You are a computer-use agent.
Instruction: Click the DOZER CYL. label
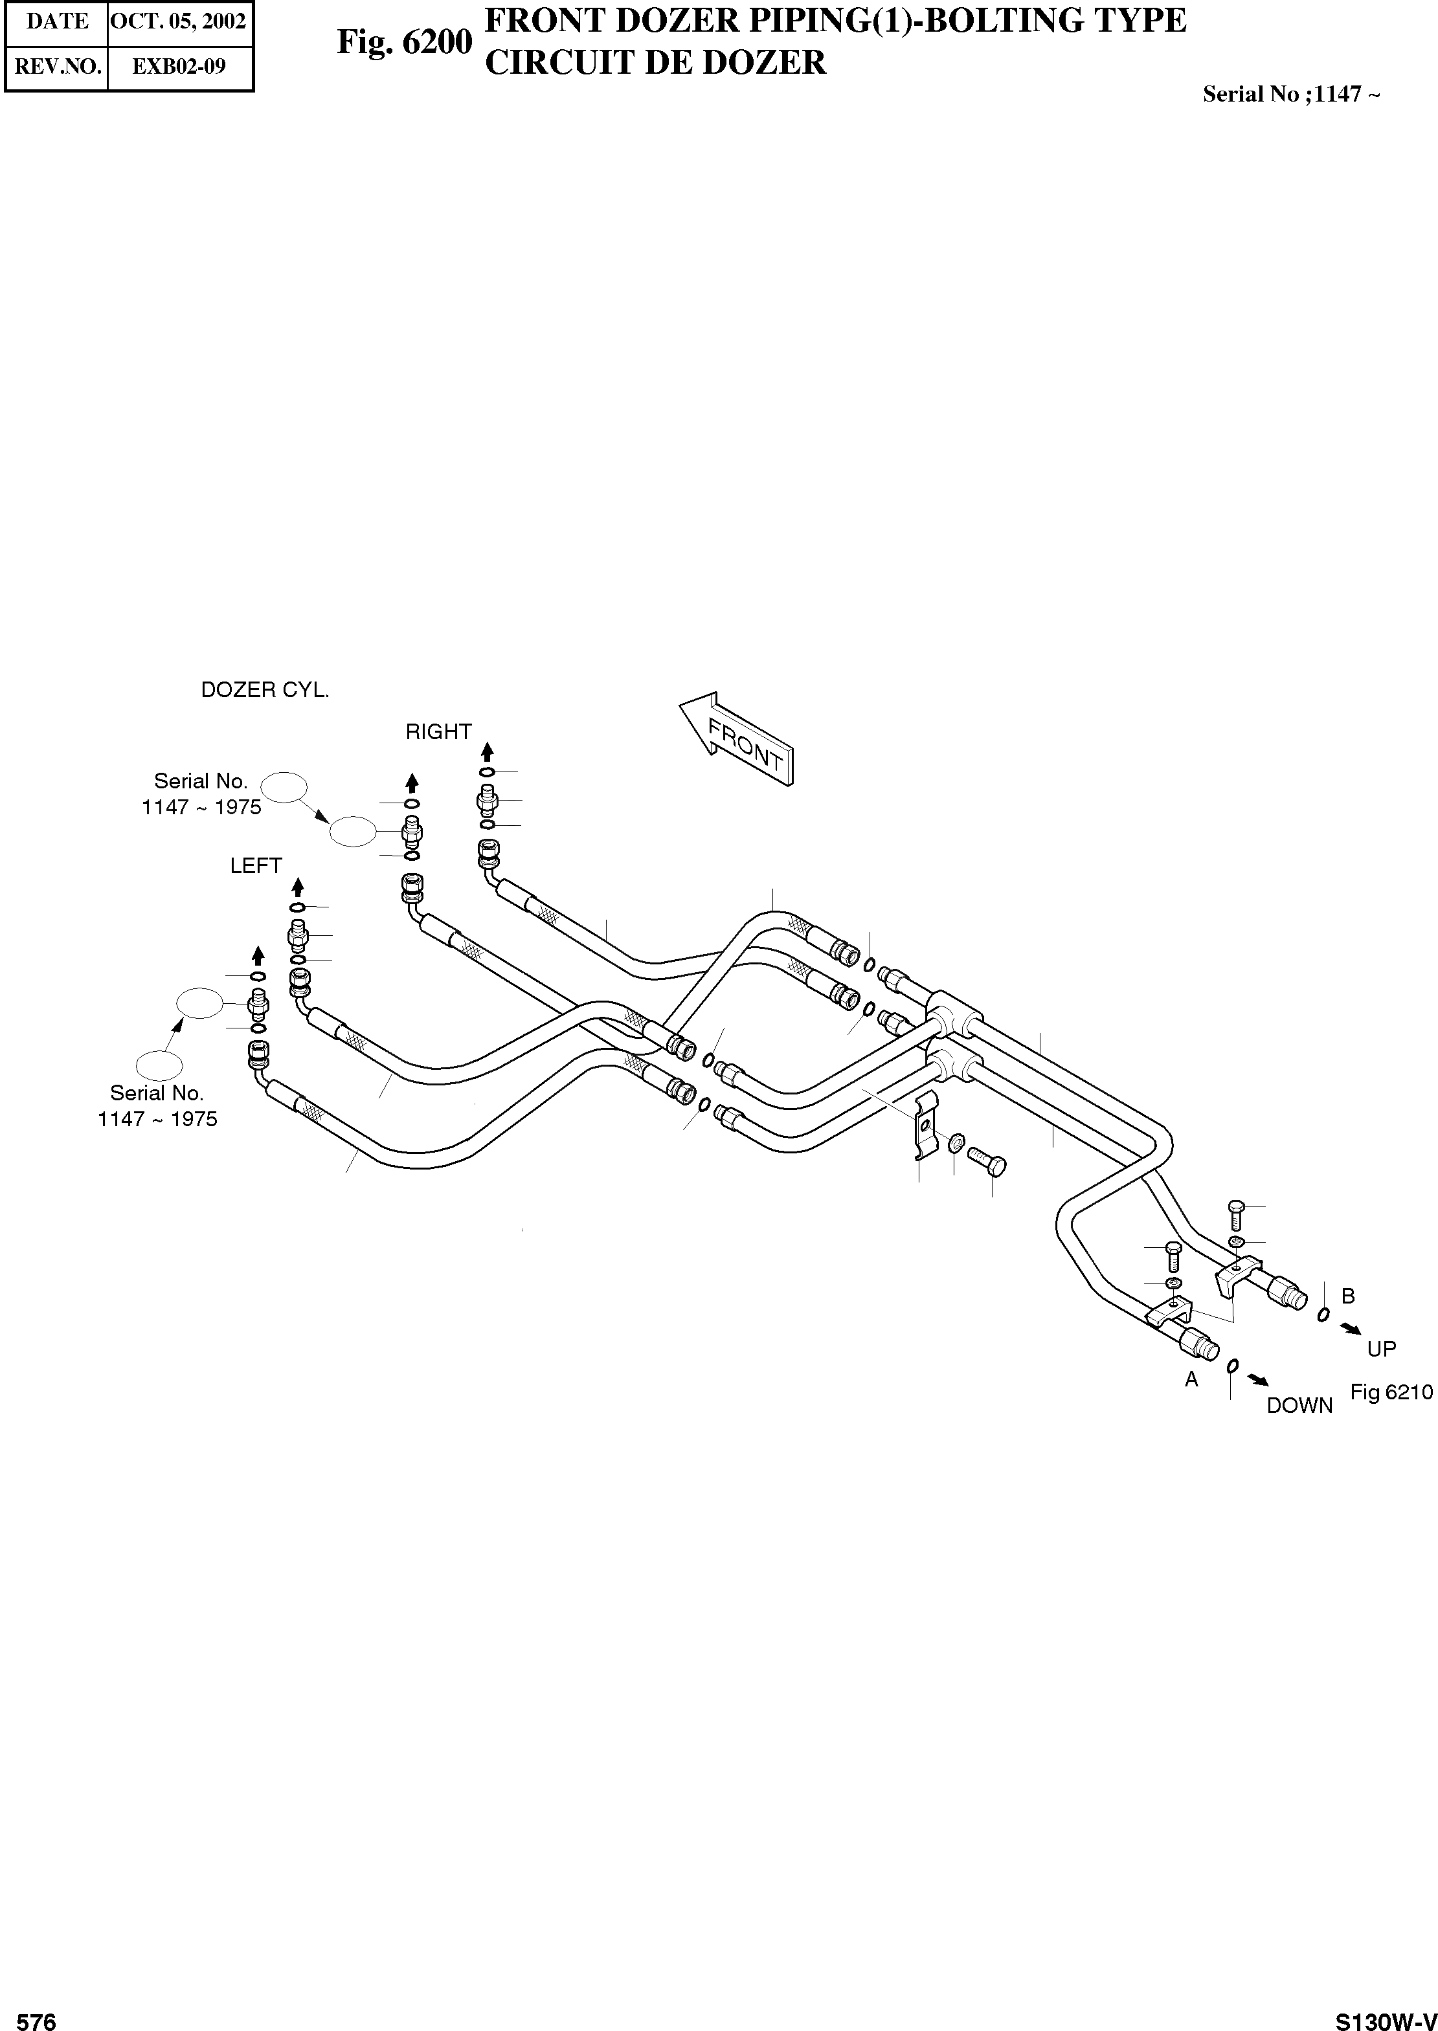265,691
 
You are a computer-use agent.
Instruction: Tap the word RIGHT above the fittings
438,732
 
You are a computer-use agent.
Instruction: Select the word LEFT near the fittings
256,865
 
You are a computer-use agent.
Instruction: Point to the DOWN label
1299,1405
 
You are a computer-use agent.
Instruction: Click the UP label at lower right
1381,1349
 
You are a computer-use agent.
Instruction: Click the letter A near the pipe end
1192,1379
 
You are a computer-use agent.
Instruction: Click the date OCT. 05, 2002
179,21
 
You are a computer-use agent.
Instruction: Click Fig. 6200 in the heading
405,41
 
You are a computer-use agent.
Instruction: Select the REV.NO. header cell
58,67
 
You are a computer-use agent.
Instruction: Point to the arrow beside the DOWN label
1257,1380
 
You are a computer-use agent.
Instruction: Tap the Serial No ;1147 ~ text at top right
1290,94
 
